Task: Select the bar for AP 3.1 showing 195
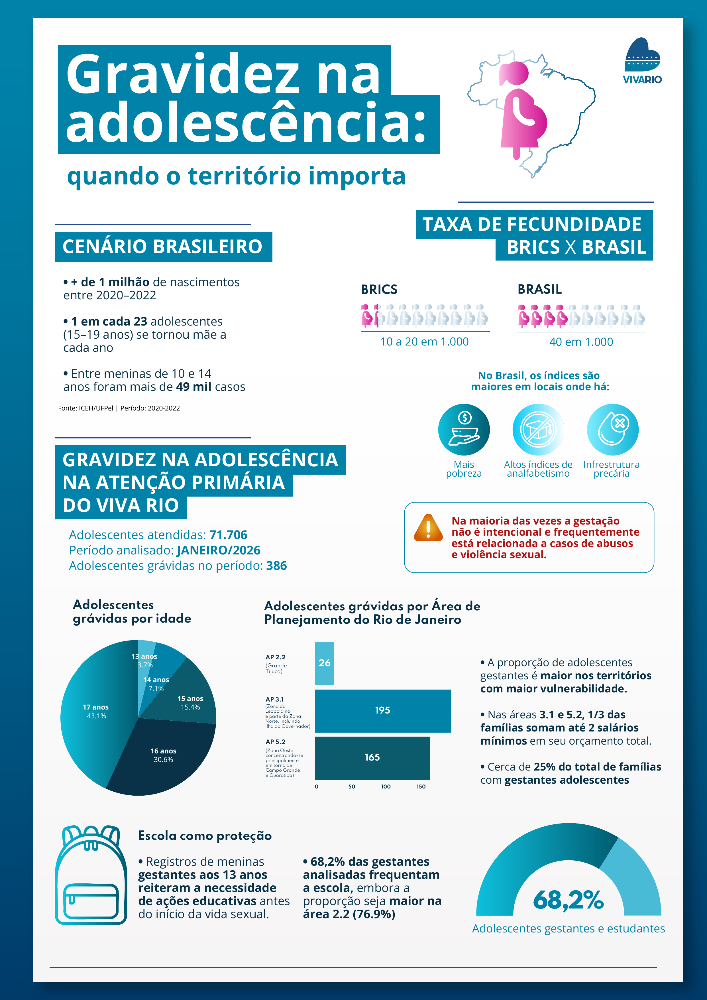coord(382,710)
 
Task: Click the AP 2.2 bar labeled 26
coord(324,663)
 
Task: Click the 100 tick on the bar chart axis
coord(386,786)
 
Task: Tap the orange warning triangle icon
coord(428,528)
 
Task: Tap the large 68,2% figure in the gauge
coord(568,900)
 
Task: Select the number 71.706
coord(228,535)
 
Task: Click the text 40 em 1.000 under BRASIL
coord(581,342)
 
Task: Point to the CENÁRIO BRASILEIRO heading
coord(163,247)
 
